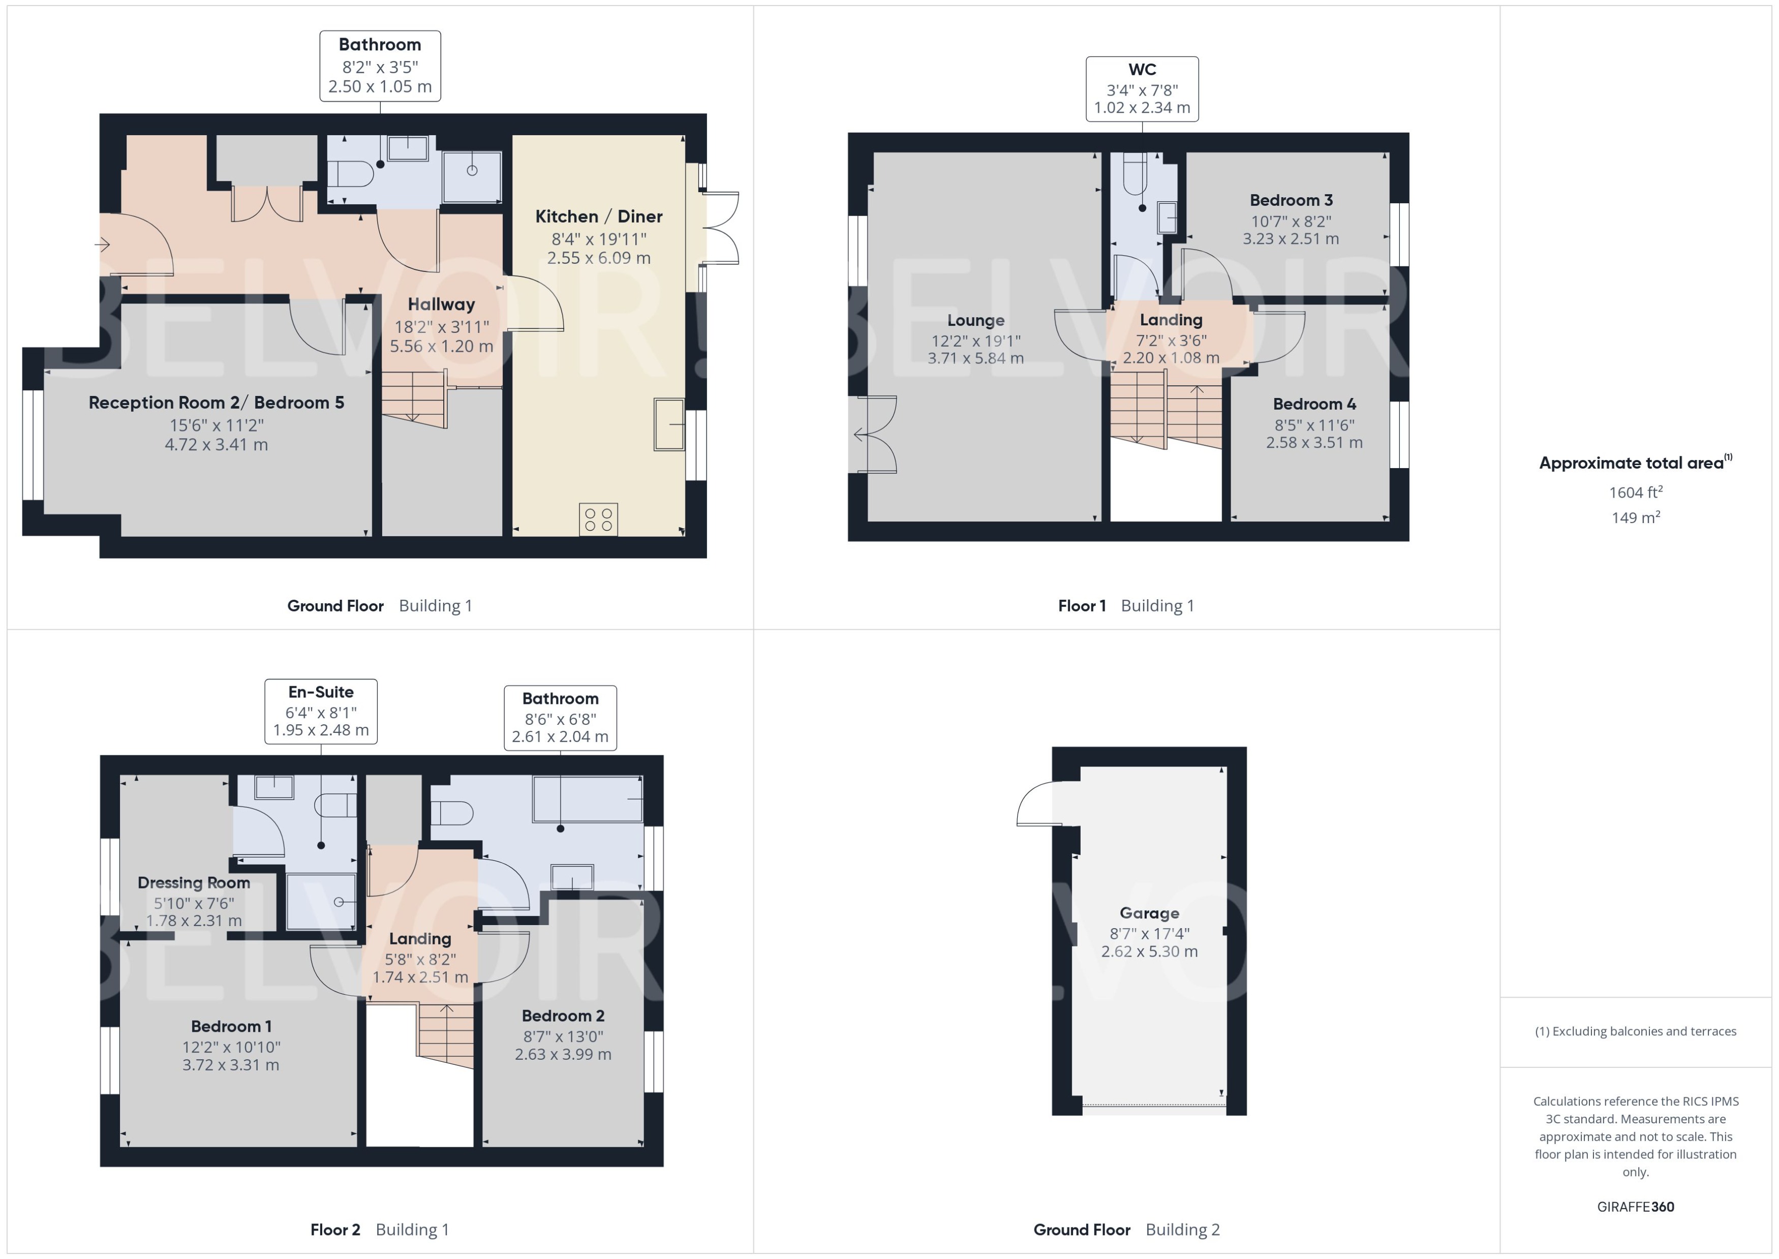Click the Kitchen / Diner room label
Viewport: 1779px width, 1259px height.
pyautogui.click(x=598, y=217)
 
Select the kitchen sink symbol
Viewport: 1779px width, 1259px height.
pyautogui.click(x=669, y=424)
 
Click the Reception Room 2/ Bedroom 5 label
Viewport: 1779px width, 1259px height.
pyautogui.click(x=216, y=403)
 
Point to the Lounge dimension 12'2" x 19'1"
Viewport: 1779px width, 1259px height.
pyautogui.click(x=976, y=341)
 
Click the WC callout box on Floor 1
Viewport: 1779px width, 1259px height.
pyautogui.click(x=1142, y=89)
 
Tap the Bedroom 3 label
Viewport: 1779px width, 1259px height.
pyautogui.click(x=1291, y=200)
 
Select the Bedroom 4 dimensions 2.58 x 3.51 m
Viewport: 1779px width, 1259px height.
pyautogui.click(x=1314, y=443)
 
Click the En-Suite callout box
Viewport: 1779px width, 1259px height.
pyautogui.click(x=321, y=711)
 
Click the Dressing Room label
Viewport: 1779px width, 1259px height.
pyautogui.click(x=194, y=882)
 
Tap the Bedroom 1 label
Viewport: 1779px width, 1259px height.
pyautogui.click(x=231, y=1026)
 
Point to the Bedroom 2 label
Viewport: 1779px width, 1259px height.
pyautogui.click(x=563, y=1016)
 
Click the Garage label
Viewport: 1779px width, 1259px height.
pyautogui.click(x=1149, y=913)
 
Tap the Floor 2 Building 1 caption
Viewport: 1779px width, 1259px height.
pyautogui.click(x=379, y=1230)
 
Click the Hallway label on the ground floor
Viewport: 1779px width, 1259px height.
pyautogui.click(x=441, y=304)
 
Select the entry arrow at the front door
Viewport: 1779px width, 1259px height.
pyautogui.click(x=102, y=245)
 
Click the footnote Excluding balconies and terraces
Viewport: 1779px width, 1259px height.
pyautogui.click(x=1636, y=1031)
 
